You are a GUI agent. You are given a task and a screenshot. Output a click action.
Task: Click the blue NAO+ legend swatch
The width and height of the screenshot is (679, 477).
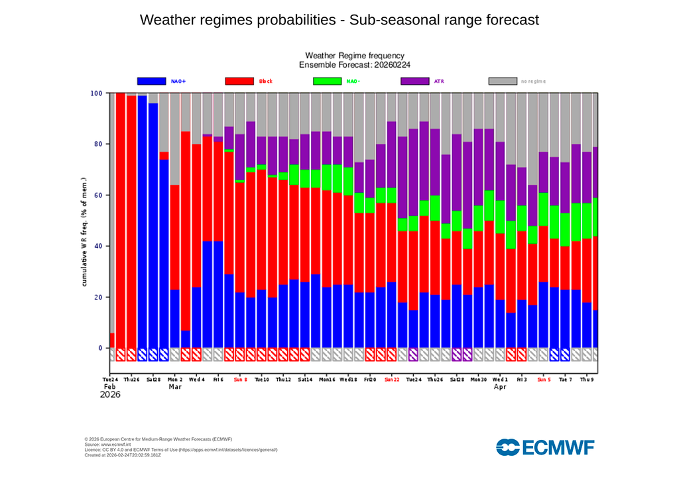[x=151, y=81]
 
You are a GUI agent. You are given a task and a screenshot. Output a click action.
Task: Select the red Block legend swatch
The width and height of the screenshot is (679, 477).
[x=239, y=81]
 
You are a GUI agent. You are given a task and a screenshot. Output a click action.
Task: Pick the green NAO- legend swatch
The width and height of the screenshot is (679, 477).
[x=327, y=81]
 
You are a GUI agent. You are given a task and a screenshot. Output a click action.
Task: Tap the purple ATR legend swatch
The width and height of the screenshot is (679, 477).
[x=415, y=81]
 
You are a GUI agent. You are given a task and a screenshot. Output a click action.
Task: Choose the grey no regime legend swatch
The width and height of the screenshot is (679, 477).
[x=503, y=81]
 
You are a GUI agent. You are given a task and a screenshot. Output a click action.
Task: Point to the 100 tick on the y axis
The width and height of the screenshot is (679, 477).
[x=95, y=93]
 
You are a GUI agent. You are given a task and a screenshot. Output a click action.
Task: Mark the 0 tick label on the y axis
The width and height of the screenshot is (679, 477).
[x=100, y=348]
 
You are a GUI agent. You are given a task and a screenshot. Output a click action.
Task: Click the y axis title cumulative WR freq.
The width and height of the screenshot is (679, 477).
[x=85, y=232]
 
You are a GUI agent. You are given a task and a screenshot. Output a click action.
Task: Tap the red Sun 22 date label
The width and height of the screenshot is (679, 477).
[x=392, y=380]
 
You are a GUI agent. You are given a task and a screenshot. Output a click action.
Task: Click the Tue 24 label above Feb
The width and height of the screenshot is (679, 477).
[x=110, y=380]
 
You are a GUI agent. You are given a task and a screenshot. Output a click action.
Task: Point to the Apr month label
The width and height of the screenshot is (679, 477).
[x=499, y=387]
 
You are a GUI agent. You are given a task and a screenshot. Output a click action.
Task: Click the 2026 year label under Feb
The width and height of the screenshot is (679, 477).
[x=111, y=395]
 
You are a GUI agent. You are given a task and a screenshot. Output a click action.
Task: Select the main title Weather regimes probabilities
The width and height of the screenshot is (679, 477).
[x=339, y=20]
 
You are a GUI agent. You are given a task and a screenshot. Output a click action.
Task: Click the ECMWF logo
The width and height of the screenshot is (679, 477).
[x=545, y=447]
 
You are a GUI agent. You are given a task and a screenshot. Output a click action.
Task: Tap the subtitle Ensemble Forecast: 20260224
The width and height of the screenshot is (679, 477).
[x=354, y=65]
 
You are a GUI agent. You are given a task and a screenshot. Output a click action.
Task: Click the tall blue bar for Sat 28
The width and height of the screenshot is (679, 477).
[x=153, y=225]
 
